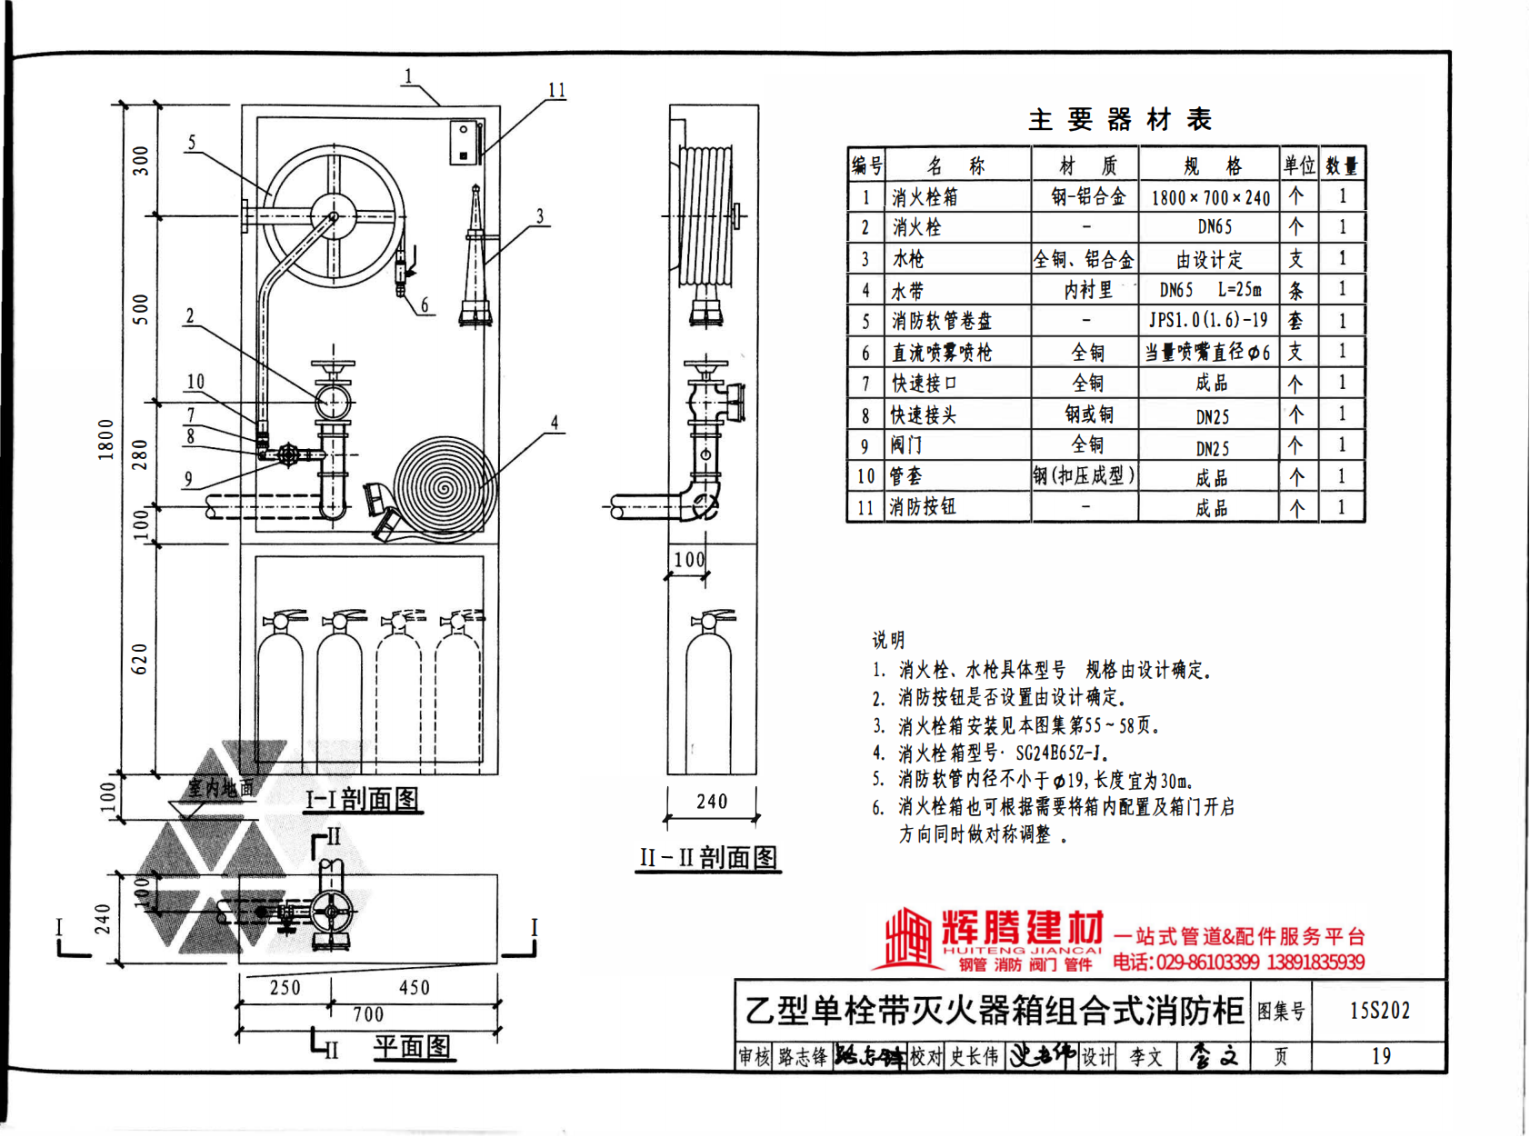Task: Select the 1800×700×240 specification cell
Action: pyautogui.click(x=1210, y=197)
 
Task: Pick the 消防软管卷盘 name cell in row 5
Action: pyautogui.click(x=941, y=321)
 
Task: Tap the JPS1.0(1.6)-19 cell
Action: pyautogui.click(x=1208, y=320)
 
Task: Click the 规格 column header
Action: pyautogui.click(x=1211, y=166)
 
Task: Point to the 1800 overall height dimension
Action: pyautogui.click(x=106, y=439)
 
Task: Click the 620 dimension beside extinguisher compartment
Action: pyautogui.click(x=139, y=659)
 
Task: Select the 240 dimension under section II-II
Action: pyautogui.click(x=712, y=802)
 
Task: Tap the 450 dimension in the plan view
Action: pyautogui.click(x=415, y=988)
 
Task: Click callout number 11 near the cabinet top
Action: pyautogui.click(x=556, y=91)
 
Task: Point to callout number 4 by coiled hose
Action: pyautogui.click(x=554, y=423)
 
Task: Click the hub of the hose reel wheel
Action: pyautogui.click(x=333, y=216)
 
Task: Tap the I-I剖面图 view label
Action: pyautogui.click(x=362, y=800)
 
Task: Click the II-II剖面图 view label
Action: pyautogui.click(x=708, y=857)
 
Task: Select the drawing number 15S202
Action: pyautogui.click(x=1379, y=1011)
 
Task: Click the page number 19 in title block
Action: pyautogui.click(x=1380, y=1056)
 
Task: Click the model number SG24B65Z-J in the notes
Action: pyautogui.click(x=1058, y=753)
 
